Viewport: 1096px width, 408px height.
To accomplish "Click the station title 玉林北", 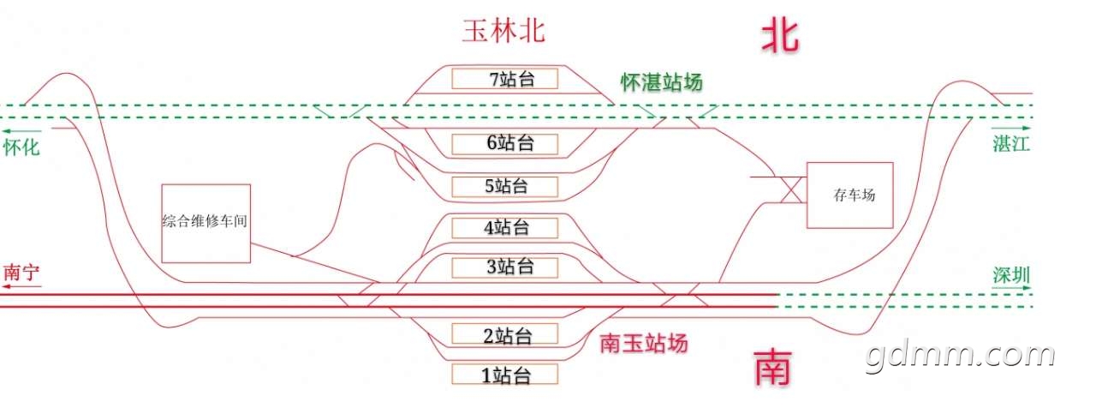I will click(503, 32).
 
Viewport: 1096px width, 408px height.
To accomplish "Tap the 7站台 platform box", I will click(505, 79).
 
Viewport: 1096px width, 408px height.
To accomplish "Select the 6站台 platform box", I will click(505, 142).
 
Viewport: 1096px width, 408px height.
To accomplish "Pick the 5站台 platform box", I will click(505, 186).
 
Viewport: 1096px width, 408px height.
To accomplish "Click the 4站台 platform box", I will click(505, 227).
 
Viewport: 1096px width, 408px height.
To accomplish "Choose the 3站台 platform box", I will click(505, 267).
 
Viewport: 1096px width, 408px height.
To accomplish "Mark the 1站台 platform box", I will click(505, 374).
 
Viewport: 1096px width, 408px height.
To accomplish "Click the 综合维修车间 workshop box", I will click(205, 223).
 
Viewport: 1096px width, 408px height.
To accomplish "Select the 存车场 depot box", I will click(849, 195).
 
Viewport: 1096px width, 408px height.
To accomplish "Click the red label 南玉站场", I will click(643, 344).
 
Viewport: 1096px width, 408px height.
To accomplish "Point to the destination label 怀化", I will click(21, 147).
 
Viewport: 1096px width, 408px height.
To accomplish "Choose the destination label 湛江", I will click(1011, 143).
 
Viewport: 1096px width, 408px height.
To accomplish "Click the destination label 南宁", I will click(22, 273).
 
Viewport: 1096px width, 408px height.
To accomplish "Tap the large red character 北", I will click(780, 36).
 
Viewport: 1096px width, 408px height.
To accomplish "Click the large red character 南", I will click(773, 368).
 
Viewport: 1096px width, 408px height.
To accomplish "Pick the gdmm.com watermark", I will click(960, 355).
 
